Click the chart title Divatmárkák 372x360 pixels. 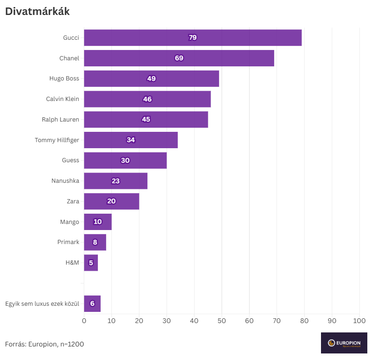[x=37, y=12]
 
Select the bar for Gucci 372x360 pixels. [x=140, y=37]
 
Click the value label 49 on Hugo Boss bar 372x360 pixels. [x=151, y=79]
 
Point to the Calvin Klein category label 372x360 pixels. [x=62, y=99]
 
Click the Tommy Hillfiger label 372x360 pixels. [x=57, y=140]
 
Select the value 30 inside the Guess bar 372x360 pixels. [x=125, y=160]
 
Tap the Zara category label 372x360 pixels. [x=73, y=201]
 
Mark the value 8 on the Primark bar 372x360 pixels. [x=95, y=242]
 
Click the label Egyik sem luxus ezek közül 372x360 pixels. [x=42, y=304]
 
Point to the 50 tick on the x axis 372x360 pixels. [x=222, y=321]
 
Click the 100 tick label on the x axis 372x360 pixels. [x=359, y=321]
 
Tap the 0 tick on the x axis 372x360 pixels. [x=84, y=321]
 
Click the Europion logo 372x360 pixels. [x=344, y=343]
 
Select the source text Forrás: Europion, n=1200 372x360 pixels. [x=44, y=344]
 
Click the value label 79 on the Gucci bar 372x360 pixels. [x=192, y=37]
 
